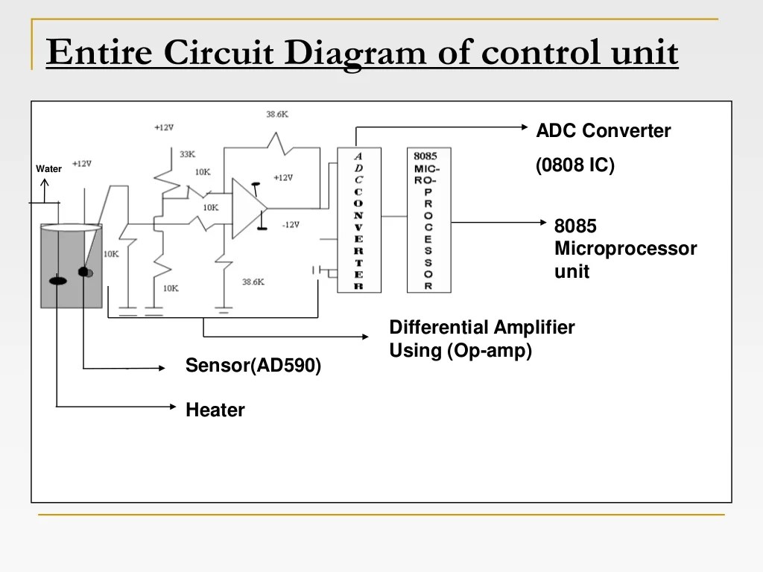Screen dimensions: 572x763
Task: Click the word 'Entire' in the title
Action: [99, 54]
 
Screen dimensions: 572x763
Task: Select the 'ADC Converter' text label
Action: [603, 131]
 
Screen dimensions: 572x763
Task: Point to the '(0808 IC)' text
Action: [575, 165]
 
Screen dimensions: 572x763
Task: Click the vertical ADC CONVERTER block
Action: [358, 220]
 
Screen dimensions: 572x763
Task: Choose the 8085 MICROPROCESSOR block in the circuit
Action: [428, 220]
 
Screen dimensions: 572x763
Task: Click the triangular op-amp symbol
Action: [248, 209]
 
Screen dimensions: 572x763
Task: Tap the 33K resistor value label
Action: [187, 154]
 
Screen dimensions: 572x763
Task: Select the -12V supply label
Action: [291, 225]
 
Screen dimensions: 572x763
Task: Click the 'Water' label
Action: [49, 169]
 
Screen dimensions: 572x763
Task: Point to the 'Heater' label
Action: [215, 410]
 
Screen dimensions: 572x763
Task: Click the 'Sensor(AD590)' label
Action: [253, 366]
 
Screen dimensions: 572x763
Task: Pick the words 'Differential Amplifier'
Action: [481, 328]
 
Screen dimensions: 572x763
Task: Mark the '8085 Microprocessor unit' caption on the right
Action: [624, 249]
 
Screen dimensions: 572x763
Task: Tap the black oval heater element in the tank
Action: [57, 281]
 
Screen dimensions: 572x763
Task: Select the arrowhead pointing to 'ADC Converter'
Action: [523, 127]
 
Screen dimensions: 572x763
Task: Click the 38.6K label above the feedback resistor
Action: [276, 115]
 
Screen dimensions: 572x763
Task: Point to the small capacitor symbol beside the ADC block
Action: [317, 271]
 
